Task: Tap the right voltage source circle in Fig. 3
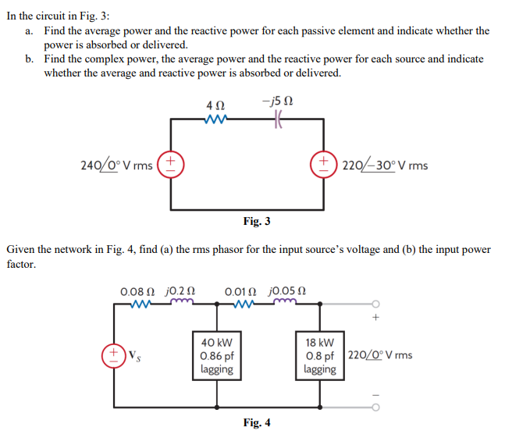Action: point(322,165)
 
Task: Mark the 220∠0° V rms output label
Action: point(381,355)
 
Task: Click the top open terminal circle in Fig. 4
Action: point(375,304)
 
